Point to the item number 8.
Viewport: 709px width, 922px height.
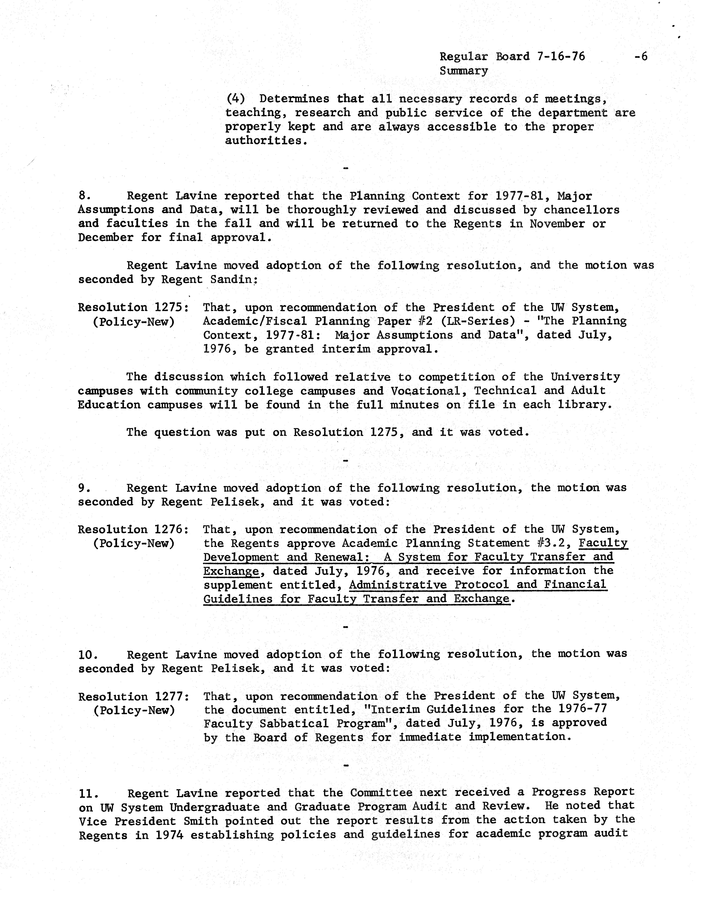pos(83,196)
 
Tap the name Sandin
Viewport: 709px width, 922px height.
pos(235,279)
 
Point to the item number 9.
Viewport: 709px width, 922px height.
pos(83,488)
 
